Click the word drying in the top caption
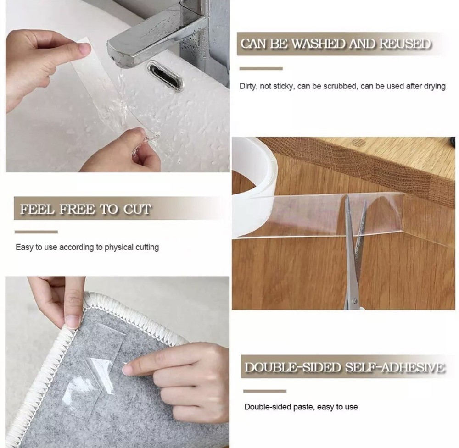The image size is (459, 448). pyautogui.click(x=434, y=86)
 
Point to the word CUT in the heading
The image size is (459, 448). pyautogui.click(x=137, y=210)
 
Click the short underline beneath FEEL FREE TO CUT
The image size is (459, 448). pyautogui.click(x=36, y=232)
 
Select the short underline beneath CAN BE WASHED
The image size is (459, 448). pyautogui.click(x=261, y=69)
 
